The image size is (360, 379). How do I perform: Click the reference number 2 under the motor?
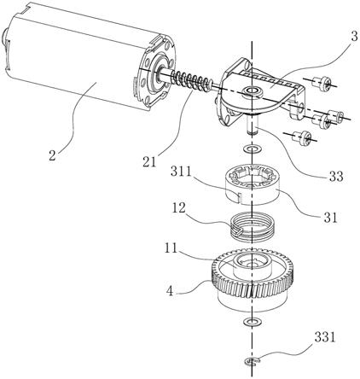[x=52, y=156]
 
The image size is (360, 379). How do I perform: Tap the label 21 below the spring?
[x=150, y=162]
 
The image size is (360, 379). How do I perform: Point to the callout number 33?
[x=336, y=177]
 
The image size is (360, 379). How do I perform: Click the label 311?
[x=181, y=172]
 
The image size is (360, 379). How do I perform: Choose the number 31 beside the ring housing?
[x=330, y=218]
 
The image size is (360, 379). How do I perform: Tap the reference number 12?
[x=178, y=208]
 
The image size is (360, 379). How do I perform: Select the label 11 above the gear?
[x=171, y=248]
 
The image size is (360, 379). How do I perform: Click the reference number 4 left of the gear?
[x=170, y=291]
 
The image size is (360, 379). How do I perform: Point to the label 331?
[x=325, y=338]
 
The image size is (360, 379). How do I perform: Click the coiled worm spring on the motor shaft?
[x=190, y=81]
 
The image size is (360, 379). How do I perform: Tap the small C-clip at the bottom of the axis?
[x=253, y=362]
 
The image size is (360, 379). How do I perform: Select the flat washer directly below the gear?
[x=253, y=322]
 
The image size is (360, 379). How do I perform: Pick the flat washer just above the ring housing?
[x=253, y=149]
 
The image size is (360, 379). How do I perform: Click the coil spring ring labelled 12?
[x=252, y=227]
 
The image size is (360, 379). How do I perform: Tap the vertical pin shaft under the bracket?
[x=252, y=124]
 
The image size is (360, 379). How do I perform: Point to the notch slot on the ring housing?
[x=239, y=198]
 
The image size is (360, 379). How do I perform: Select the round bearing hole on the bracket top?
[x=252, y=91]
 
